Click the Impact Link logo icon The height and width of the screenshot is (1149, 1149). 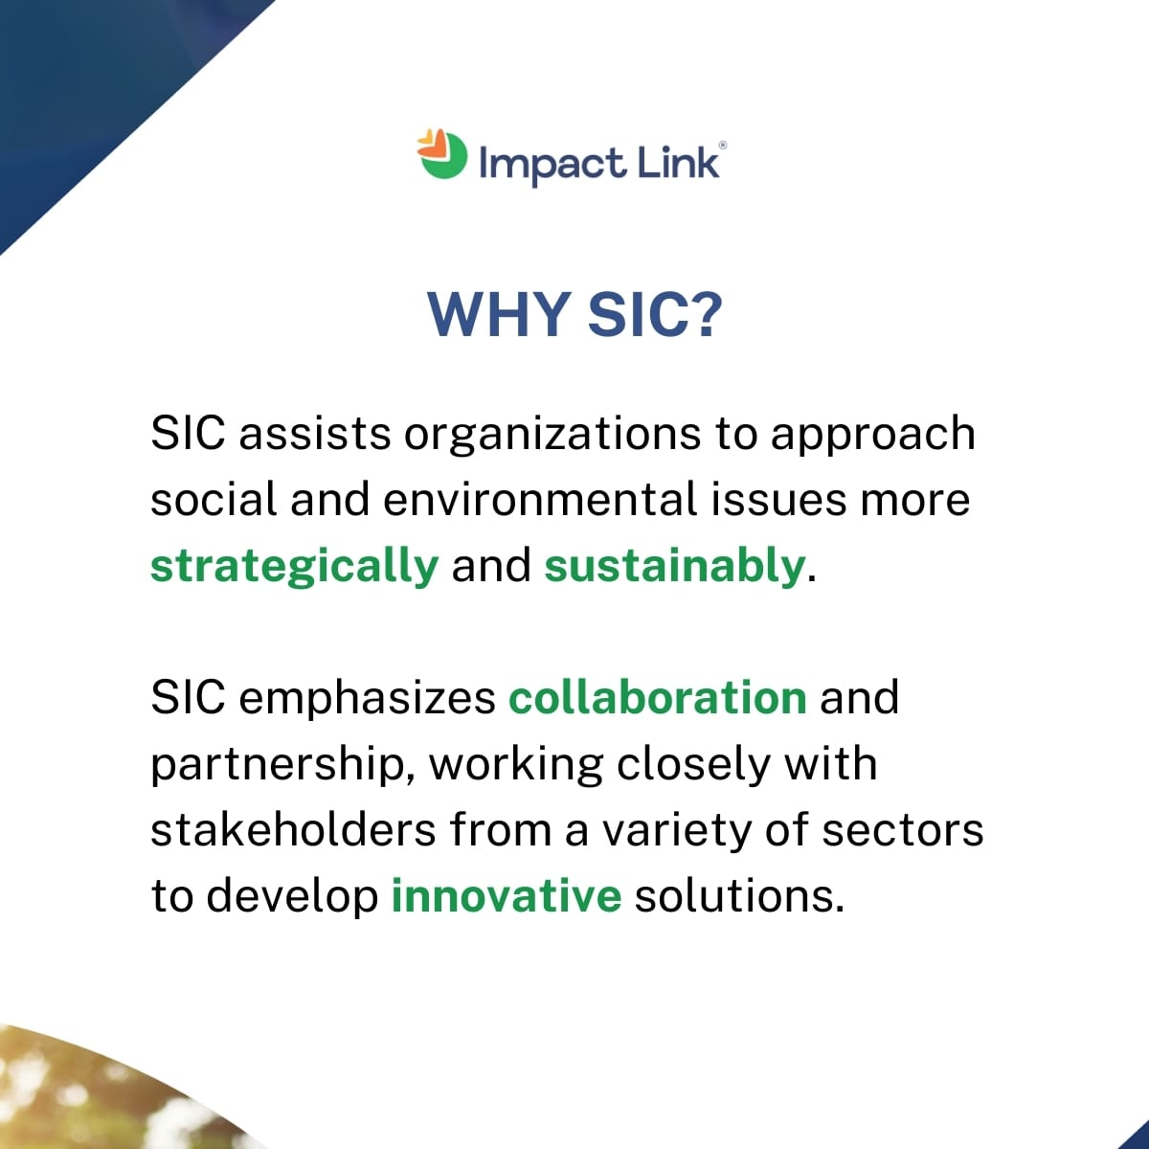pyautogui.click(x=442, y=154)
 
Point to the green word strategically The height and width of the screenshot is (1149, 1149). pyautogui.click(x=295, y=567)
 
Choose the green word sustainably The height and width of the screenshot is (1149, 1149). pyautogui.click(x=674, y=567)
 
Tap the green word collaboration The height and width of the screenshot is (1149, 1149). pyautogui.click(x=658, y=697)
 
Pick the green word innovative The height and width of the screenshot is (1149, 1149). pyautogui.click(x=507, y=895)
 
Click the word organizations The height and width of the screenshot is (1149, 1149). pyautogui.click(x=552, y=436)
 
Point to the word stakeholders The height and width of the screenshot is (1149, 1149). pyautogui.click(x=293, y=829)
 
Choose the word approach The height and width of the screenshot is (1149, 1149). pyautogui.click(x=873, y=437)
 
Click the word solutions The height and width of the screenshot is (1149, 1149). pyautogui.click(x=739, y=895)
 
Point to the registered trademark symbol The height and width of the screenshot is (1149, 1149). pyautogui.click(x=723, y=145)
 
